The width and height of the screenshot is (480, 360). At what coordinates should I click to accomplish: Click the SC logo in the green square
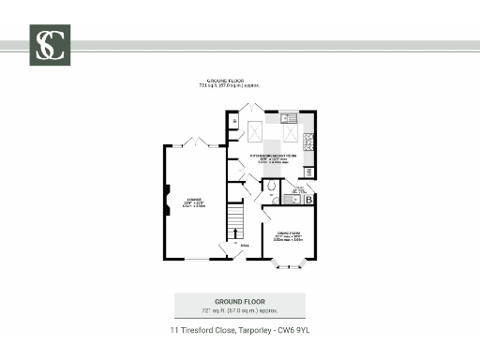click(50, 45)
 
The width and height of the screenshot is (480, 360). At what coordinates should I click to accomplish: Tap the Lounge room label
click(194, 202)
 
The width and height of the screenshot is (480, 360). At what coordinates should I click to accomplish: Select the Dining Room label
click(288, 236)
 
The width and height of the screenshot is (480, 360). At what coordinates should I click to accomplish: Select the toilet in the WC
click(271, 187)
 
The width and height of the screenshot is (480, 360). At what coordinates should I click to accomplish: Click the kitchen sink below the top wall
click(291, 118)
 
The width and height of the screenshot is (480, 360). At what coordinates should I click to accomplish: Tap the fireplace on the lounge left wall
click(167, 197)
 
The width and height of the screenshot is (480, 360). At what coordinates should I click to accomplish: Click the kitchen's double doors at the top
click(250, 108)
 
